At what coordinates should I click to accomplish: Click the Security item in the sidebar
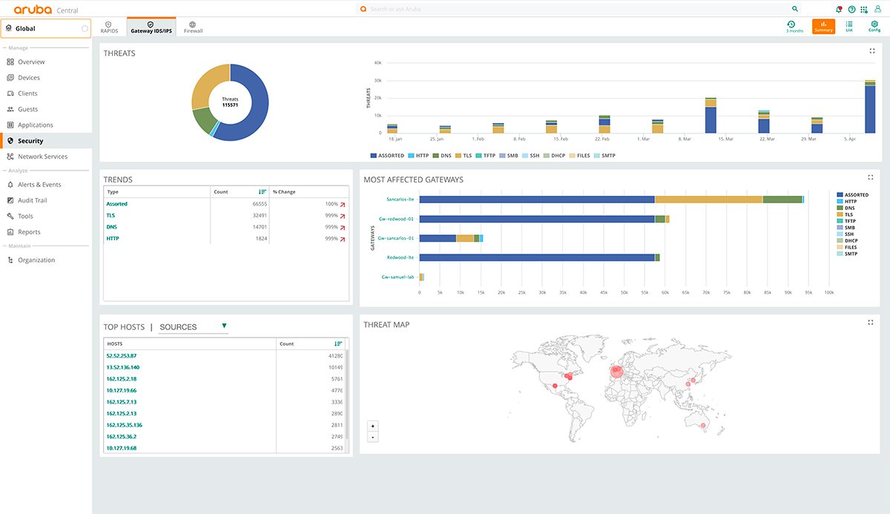pyautogui.click(x=30, y=141)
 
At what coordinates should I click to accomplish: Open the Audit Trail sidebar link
pyautogui.click(x=32, y=200)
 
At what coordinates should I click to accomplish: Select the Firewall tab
pyautogui.click(x=193, y=27)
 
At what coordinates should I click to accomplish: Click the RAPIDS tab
pyautogui.click(x=109, y=27)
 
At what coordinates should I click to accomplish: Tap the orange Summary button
pyautogui.click(x=823, y=27)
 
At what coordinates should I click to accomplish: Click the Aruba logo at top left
pyautogui.click(x=33, y=9)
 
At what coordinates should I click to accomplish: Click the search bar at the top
pyautogui.click(x=578, y=9)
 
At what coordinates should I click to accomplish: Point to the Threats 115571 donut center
pyautogui.click(x=230, y=102)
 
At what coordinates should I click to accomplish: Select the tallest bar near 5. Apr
pyautogui.click(x=870, y=108)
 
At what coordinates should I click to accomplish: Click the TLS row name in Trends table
pyautogui.click(x=111, y=215)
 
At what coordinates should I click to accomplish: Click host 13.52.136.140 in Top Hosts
pyautogui.click(x=122, y=367)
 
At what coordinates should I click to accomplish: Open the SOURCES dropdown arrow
pyautogui.click(x=224, y=326)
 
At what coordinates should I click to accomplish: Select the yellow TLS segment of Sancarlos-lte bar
pyautogui.click(x=708, y=200)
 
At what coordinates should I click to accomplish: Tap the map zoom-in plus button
pyautogui.click(x=373, y=426)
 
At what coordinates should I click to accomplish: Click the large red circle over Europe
pyautogui.click(x=616, y=371)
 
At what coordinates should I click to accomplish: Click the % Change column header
pyautogui.click(x=284, y=192)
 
